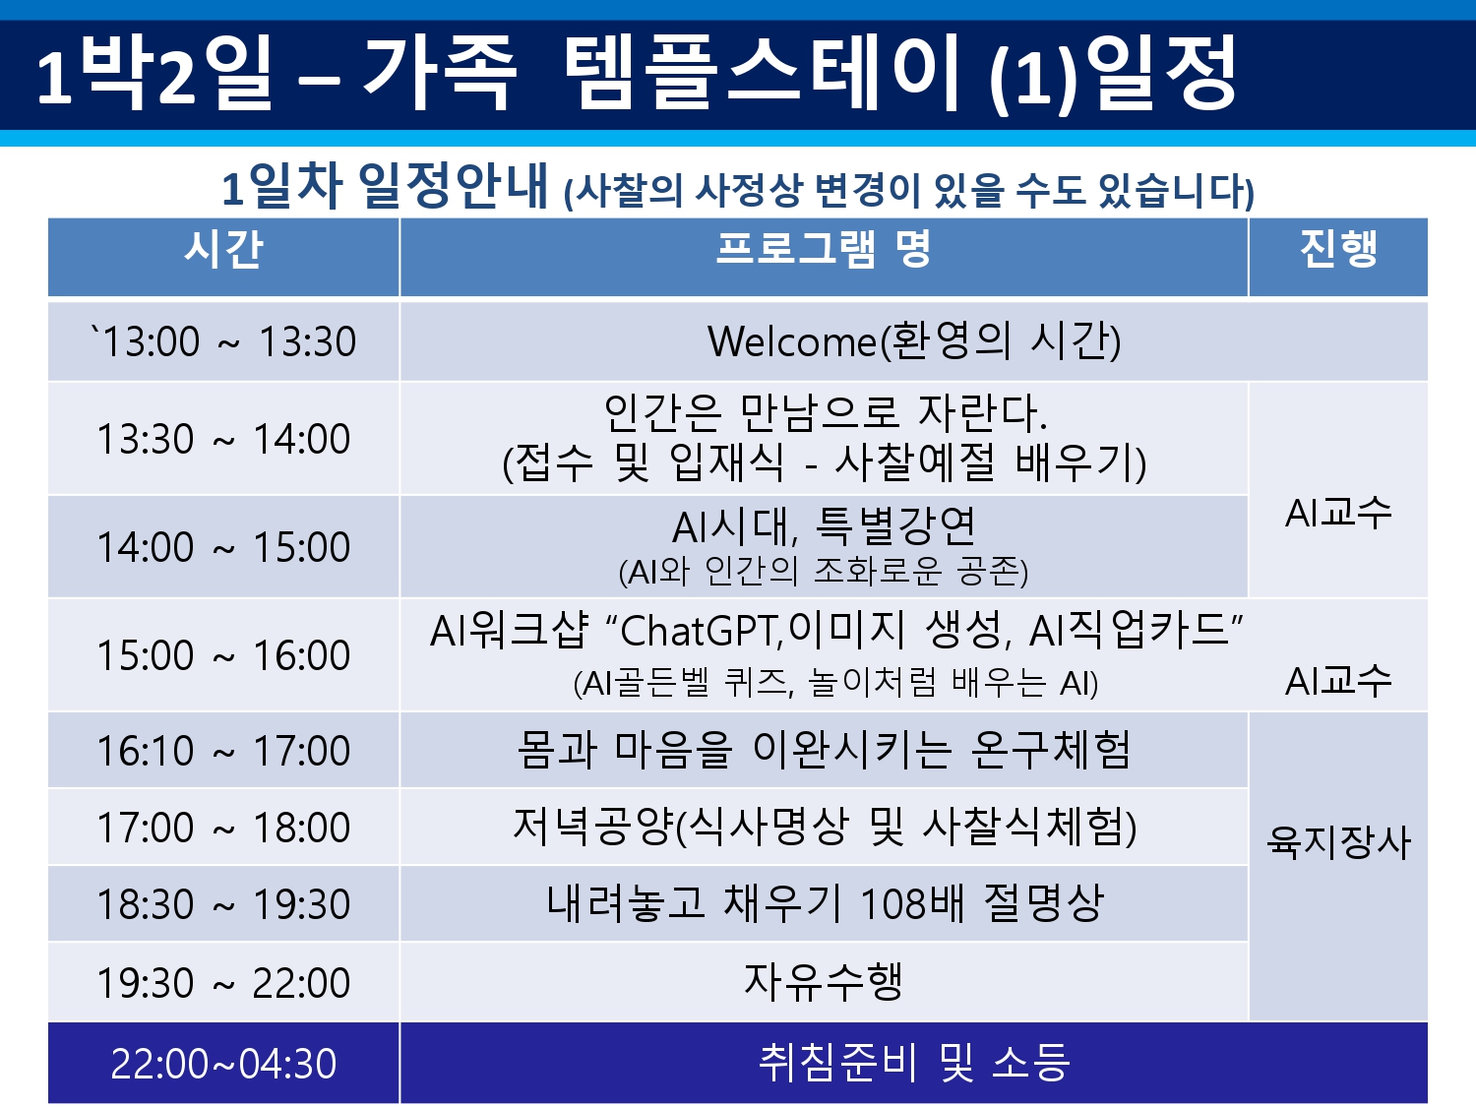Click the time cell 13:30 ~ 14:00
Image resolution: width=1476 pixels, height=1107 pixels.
223,439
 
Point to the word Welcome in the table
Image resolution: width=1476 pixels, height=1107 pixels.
793,340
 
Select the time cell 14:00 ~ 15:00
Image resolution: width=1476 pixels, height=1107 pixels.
223,546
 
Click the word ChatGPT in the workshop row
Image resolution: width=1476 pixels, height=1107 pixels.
702,631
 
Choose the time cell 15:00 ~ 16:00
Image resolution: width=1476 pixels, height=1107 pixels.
223,654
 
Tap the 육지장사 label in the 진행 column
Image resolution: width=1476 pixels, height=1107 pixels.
1338,842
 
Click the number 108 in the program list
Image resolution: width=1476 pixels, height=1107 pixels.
894,902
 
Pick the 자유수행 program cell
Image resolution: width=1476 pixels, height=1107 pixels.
823,981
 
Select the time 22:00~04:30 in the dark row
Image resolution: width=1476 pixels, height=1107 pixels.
223,1064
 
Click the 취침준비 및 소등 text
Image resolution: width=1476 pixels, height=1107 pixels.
914,1063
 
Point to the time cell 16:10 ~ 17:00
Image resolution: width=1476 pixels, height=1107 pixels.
223,750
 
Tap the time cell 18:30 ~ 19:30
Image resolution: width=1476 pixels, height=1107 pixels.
223,903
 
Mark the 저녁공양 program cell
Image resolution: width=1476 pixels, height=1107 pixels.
825,826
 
